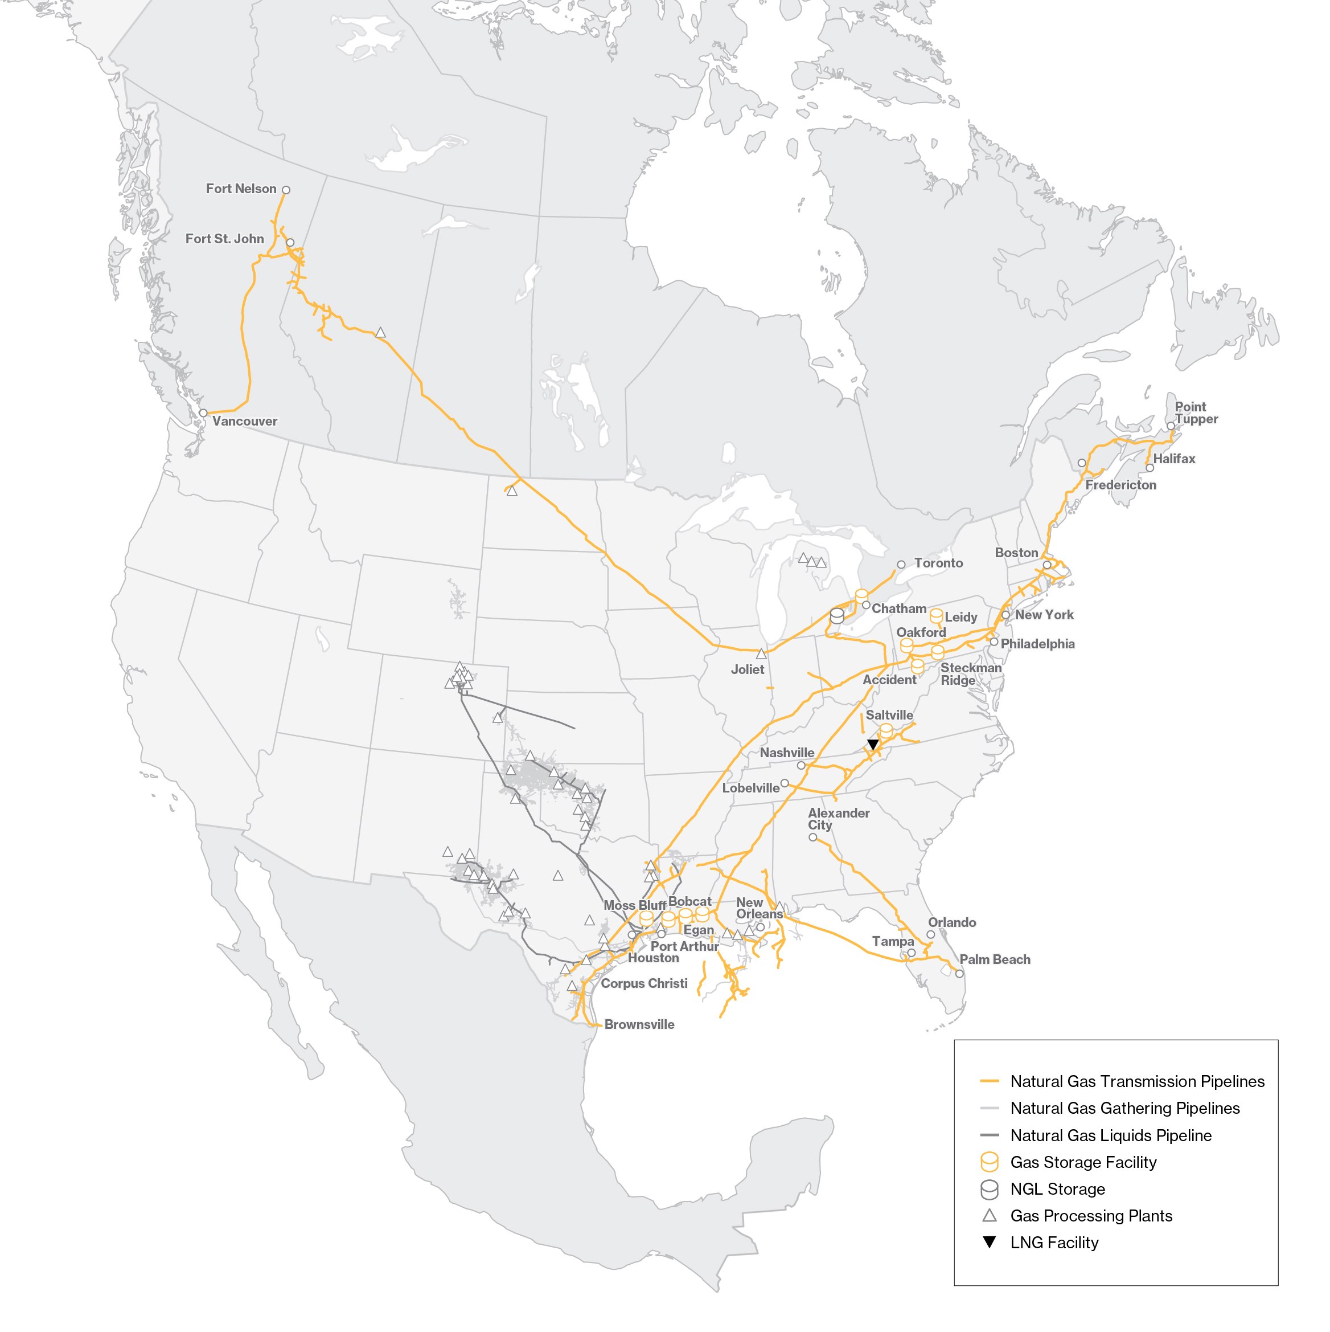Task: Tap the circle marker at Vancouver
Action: click(203, 413)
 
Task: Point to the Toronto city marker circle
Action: click(901, 565)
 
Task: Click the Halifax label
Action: click(1173, 459)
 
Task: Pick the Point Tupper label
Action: click(1196, 413)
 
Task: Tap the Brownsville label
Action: click(639, 1024)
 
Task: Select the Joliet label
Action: click(747, 669)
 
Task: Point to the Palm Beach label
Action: click(995, 960)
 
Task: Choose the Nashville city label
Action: click(786, 753)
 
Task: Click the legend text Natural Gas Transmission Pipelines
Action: click(1136, 1081)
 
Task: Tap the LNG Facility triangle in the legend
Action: click(989, 1243)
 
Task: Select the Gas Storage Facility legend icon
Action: click(989, 1162)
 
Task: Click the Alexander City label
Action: click(838, 819)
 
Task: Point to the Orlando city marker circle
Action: click(930, 935)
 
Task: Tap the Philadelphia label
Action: click(1037, 644)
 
